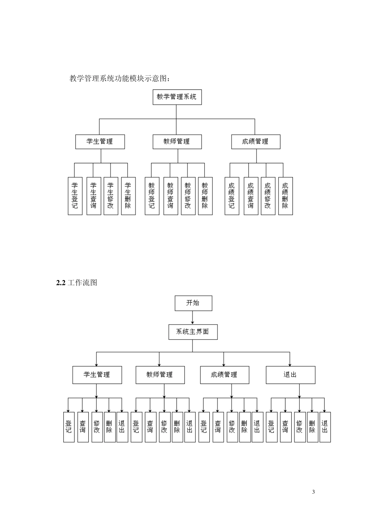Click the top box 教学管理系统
pyautogui.click(x=177, y=97)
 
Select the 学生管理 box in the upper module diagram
pyautogui.click(x=100, y=141)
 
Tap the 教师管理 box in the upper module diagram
pyautogui.click(x=177, y=141)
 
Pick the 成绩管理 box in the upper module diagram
pyautogui.click(x=255, y=141)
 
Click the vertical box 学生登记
pyautogui.click(x=75, y=196)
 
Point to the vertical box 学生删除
pyautogui.click(x=128, y=196)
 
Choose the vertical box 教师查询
pyautogui.click(x=171, y=196)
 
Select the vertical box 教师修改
pyautogui.click(x=188, y=196)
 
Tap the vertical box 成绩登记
pyautogui.click(x=232, y=196)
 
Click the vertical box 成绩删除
pyautogui.click(x=285, y=196)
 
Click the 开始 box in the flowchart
pyautogui.click(x=193, y=303)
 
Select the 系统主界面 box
pyautogui.click(x=193, y=332)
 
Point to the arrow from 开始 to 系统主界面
pyautogui.click(x=193, y=318)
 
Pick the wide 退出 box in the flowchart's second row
pyautogui.click(x=290, y=375)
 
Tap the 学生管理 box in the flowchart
pyautogui.click(x=97, y=375)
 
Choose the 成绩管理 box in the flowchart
pyautogui.click(x=224, y=375)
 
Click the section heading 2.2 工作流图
pyautogui.click(x=77, y=283)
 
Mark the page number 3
pyautogui.click(x=314, y=492)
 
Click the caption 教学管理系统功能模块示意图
pyautogui.click(x=120, y=79)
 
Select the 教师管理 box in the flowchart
pyautogui.click(x=160, y=375)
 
